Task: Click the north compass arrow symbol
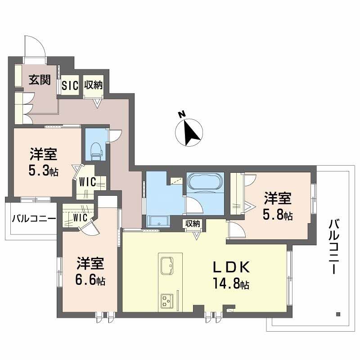189,130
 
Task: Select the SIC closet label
70,85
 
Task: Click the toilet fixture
95,151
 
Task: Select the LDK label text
231,268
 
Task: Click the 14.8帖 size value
232,284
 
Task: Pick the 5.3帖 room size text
44,171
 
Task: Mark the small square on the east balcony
337,314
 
